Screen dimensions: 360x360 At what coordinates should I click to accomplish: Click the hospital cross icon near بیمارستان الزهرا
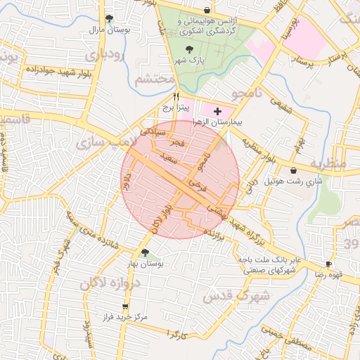[x=217, y=111]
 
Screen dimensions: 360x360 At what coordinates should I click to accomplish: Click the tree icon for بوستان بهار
[x=146, y=252]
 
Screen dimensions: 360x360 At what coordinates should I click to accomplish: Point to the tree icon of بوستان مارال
[x=108, y=19]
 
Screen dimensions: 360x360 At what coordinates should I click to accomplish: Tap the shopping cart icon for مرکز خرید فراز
[x=125, y=307]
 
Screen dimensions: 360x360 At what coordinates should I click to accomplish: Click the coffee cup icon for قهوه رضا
[x=328, y=264]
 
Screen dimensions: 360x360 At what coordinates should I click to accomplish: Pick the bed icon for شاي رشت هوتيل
[x=293, y=170]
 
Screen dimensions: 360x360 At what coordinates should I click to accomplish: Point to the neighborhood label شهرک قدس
[x=236, y=296]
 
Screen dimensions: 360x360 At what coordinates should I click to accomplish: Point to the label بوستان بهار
[x=145, y=264]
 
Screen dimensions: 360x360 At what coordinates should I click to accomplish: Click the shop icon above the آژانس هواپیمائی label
[x=206, y=11]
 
